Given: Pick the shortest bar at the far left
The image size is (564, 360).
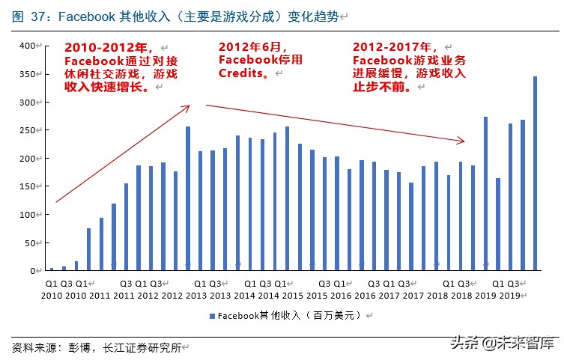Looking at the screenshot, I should coord(52,269).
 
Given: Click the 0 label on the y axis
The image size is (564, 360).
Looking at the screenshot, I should coord(34,271).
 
